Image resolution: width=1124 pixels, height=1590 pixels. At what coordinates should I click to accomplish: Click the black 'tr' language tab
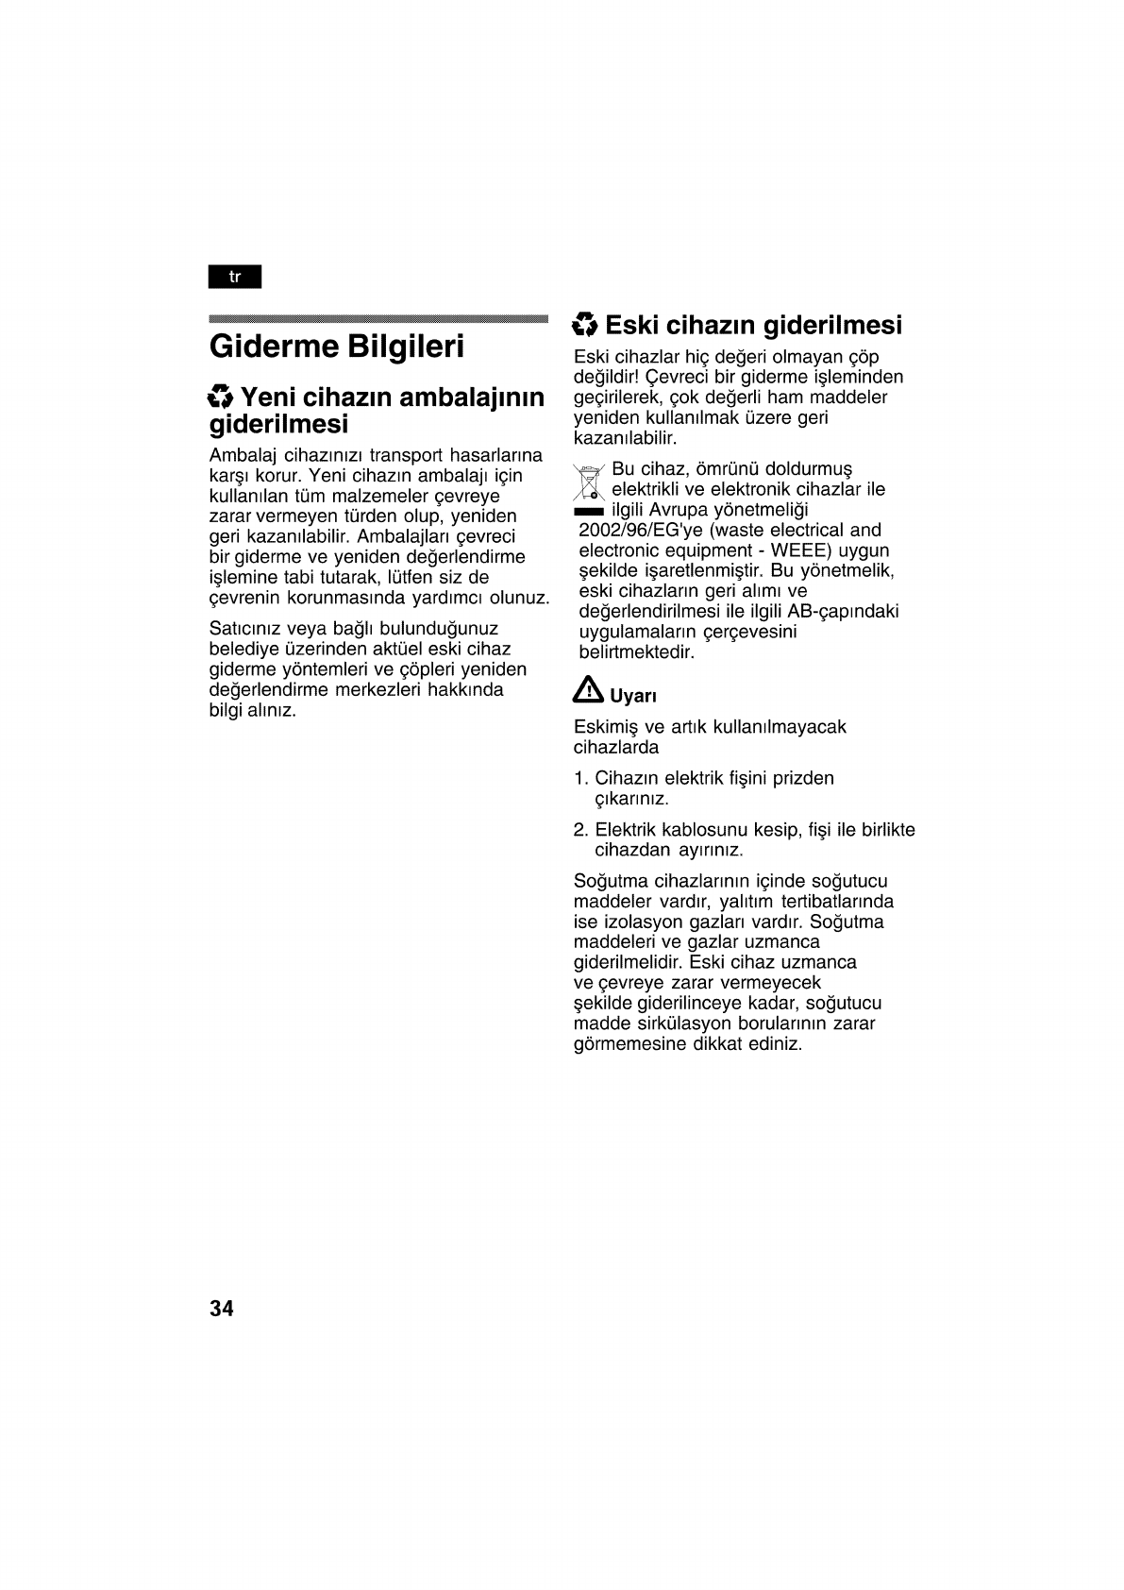pyautogui.click(x=235, y=277)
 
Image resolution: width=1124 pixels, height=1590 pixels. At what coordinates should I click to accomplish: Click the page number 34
pyautogui.click(x=222, y=1309)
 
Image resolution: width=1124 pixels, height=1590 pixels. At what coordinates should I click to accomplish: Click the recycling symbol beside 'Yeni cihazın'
pyautogui.click(x=221, y=397)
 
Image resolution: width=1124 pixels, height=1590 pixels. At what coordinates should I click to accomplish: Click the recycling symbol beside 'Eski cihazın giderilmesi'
pyautogui.click(x=585, y=326)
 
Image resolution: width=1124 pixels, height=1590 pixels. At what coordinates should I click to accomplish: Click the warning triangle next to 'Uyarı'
pyautogui.click(x=588, y=692)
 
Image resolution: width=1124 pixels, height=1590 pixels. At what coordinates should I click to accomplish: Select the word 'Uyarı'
pyautogui.click(x=633, y=697)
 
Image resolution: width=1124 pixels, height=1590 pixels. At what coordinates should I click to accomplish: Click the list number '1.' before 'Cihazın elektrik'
pyautogui.click(x=581, y=779)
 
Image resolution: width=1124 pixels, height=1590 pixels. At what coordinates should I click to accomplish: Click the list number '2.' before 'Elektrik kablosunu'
pyautogui.click(x=581, y=831)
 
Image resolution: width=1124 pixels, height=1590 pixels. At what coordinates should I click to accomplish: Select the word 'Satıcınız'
pyautogui.click(x=245, y=629)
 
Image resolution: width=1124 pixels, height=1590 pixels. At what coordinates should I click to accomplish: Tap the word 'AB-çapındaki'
pyautogui.click(x=849, y=612)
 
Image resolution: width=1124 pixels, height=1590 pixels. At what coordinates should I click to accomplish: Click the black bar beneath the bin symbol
pyautogui.click(x=589, y=511)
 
